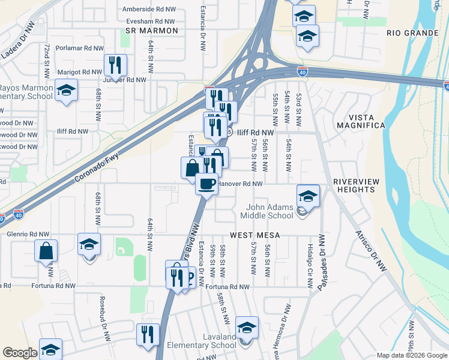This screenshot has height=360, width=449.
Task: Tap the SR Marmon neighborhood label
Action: pos(152,30)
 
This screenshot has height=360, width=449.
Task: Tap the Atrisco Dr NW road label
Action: pos(370,251)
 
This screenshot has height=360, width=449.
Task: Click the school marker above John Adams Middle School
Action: pos(308,196)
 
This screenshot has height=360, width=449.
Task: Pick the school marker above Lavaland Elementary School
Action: pos(246,328)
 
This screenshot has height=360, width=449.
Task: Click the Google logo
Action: pos(20,353)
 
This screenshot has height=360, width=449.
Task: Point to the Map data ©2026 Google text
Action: pos(411,355)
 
